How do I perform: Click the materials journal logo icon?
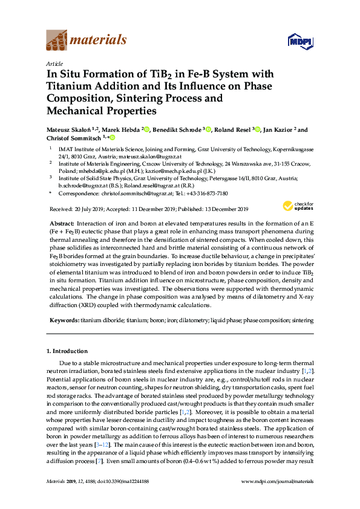pos(57,41)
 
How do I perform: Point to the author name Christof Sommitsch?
pos(72,138)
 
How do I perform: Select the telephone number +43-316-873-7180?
pos(207,193)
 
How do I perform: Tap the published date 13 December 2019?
pos(221,209)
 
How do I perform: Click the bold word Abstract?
pos(62,224)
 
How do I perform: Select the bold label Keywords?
pos(64,319)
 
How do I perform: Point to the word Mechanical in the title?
pos(74,111)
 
